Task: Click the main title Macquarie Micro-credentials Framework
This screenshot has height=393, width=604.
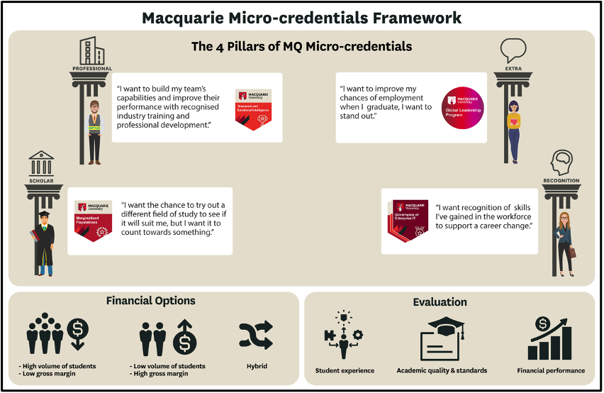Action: [x=301, y=17]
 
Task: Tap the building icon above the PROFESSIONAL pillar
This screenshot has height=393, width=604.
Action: [x=91, y=51]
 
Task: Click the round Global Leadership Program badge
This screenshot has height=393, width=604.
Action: [x=462, y=109]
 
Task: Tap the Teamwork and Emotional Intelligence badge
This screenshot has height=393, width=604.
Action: [x=253, y=109]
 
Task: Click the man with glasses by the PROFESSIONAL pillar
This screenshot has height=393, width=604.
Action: [x=94, y=131]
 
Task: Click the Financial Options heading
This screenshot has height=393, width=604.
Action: [x=150, y=301]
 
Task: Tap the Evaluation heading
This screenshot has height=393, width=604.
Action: [x=440, y=302]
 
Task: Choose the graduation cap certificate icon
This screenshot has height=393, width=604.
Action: [x=441, y=338]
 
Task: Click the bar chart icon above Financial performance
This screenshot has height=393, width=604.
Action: [x=550, y=338]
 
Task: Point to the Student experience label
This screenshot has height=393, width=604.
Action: [x=344, y=370]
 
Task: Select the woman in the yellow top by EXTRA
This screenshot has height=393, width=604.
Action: [x=513, y=131]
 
